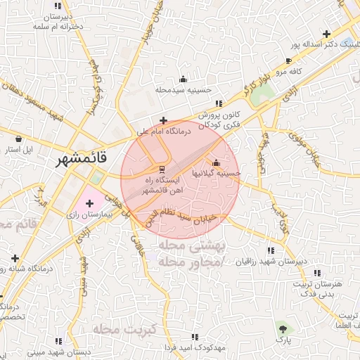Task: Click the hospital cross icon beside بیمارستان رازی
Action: point(89,203)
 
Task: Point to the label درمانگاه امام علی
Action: point(164,131)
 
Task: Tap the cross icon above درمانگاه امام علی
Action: point(164,120)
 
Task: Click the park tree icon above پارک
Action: point(283,328)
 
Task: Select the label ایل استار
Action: point(18,150)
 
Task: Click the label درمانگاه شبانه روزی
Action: point(25,268)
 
